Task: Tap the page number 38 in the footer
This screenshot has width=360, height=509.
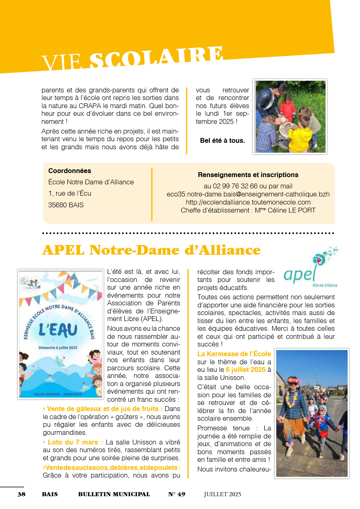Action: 21,494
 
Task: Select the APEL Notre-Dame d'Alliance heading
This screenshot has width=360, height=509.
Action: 151,250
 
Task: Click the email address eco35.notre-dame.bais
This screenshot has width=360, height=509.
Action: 248,194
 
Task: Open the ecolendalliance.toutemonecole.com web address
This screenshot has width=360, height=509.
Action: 248,202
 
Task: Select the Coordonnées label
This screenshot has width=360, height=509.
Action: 69,171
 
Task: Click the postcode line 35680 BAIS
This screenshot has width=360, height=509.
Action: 66,205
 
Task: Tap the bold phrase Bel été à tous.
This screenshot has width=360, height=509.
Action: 222,141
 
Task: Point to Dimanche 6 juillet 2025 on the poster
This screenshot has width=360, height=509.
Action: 58,347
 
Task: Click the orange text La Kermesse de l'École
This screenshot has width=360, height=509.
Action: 234,354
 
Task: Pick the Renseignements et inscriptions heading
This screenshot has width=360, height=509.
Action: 248,175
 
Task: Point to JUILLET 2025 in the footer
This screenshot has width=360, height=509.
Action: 222,494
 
